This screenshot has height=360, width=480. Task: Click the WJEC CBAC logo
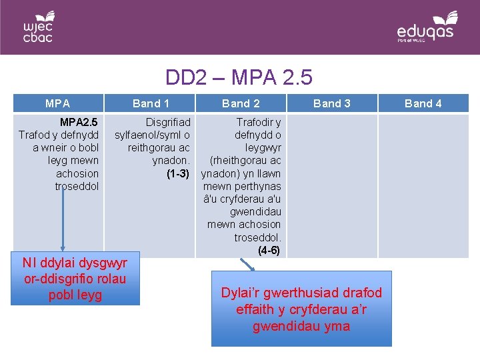tap(38, 26)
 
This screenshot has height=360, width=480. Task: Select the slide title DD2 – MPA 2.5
tap(239, 78)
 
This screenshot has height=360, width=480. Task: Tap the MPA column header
tap(57, 103)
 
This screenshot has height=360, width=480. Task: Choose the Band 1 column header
tap(151, 103)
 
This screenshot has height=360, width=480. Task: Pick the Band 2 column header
tap(241, 103)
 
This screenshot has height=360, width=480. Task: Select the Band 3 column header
tap(331, 103)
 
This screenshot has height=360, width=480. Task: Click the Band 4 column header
tap(423, 103)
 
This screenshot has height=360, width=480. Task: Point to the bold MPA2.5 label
tap(79, 123)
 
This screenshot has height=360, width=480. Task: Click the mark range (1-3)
tap(178, 174)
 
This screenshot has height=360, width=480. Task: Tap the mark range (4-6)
tap(269, 251)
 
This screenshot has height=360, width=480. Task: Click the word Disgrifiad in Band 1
tap(168, 123)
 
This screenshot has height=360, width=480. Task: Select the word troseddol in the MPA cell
tap(77, 187)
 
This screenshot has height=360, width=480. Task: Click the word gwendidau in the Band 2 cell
tap(255, 212)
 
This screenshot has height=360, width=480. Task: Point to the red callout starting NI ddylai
tap(75, 279)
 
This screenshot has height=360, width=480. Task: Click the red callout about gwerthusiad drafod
tap(301, 309)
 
